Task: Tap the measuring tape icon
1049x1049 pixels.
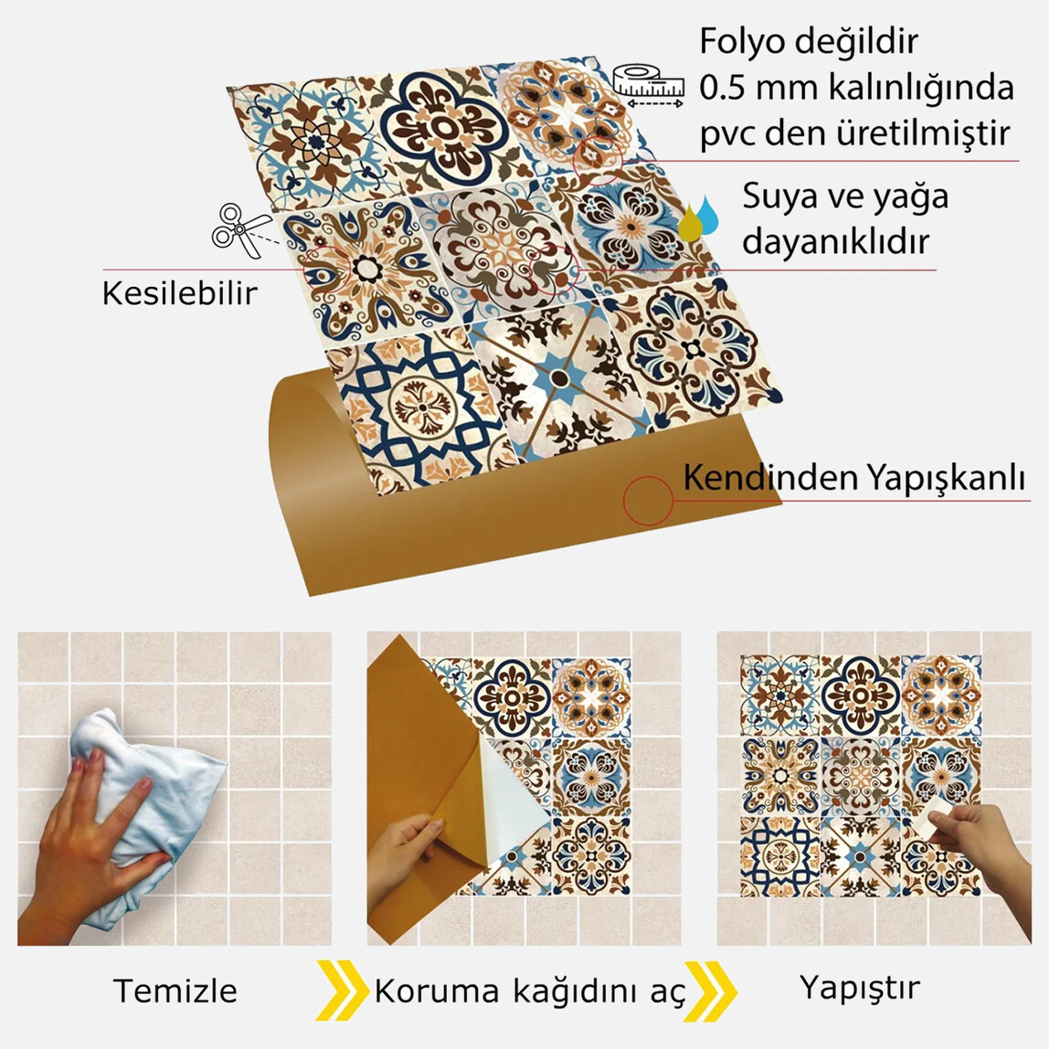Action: point(649,85)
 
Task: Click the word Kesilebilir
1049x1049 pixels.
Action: point(179,293)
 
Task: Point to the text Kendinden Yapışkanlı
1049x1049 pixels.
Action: point(854,478)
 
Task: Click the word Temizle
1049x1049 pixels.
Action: point(175,991)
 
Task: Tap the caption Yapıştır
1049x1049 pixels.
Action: point(859,988)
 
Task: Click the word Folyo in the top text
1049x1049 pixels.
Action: point(740,41)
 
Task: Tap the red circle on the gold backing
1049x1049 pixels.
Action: point(648,501)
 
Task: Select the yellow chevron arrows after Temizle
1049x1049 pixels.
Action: point(343,991)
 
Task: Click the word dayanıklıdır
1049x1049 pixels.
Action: point(835,242)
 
